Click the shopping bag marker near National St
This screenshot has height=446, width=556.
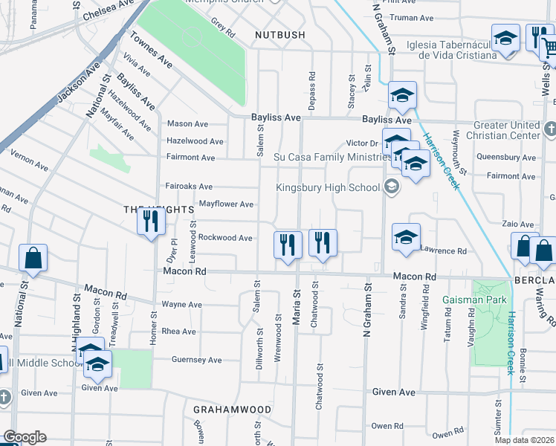point(33,259)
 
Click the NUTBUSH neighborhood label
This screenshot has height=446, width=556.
point(279,35)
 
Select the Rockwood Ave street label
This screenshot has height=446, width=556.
point(225,238)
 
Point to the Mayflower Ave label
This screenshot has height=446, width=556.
point(225,204)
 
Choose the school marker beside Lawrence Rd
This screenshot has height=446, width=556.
point(406,238)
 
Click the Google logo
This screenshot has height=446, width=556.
point(24,437)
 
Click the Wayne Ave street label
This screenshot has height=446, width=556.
point(181,305)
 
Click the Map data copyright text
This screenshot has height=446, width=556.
point(523,440)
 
